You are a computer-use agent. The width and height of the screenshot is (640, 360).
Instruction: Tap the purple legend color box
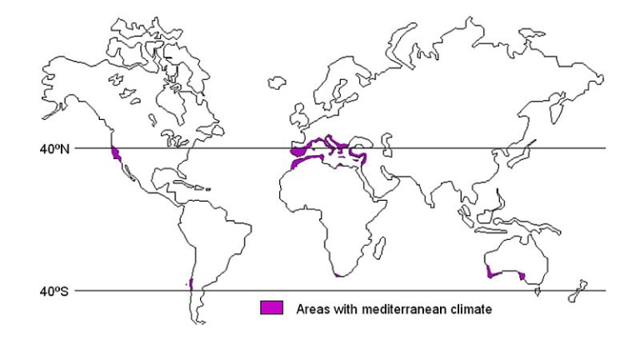tap(272, 307)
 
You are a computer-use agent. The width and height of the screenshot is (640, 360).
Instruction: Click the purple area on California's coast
tap(116, 153)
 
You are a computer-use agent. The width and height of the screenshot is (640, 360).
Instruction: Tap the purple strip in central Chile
tap(191, 283)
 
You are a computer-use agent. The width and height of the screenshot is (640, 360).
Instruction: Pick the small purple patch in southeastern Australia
tap(521, 276)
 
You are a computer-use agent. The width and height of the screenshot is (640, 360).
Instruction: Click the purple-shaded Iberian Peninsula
tap(298, 152)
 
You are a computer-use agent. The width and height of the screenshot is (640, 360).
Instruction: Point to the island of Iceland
tap(277, 82)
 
